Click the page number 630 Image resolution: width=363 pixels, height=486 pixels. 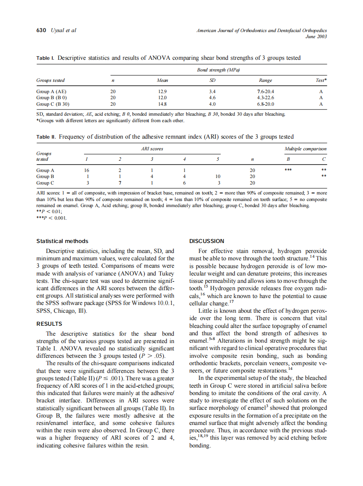pyautogui.click(x=41, y=30)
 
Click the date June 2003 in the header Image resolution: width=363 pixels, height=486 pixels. pyautogui.click(x=316, y=36)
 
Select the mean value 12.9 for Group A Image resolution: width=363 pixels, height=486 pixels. pyautogui.click(x=162, y=91)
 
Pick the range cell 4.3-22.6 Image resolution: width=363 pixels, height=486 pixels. pyautogui.click(x=266, y=98)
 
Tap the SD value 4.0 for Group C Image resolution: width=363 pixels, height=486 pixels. pyautogui.click(x=212, y=104)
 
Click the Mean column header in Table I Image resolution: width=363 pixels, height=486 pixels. pyautogui.click(x=162, y=80)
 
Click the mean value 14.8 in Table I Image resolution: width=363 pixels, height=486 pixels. pyautogui.click(x=162, y=104)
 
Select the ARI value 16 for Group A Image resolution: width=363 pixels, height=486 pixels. pyautogui.click(x=87, y=171)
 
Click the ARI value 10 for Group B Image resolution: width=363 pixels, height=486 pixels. pyautogui.click(x=217, y=177)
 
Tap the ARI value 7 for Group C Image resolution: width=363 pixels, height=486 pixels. pyautogui.click(x=120, y=183)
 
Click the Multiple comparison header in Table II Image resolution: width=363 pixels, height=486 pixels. pyautogui.click(x=305, y=149)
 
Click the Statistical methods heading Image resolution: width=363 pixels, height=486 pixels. pyautogui.click(x=62, y=241)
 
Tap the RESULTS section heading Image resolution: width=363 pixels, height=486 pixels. pyautogui.click(x=49, y=324)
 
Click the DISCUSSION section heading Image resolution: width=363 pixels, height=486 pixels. pyautogui.click(x=207, y=241)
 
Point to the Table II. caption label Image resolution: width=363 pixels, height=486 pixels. pyautogui.click(x=46, y=137)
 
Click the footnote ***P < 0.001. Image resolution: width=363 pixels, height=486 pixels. pyautogui.click(x=52, y=218)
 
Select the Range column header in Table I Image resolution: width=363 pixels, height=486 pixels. pyautogui.click(x=266, y=80)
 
